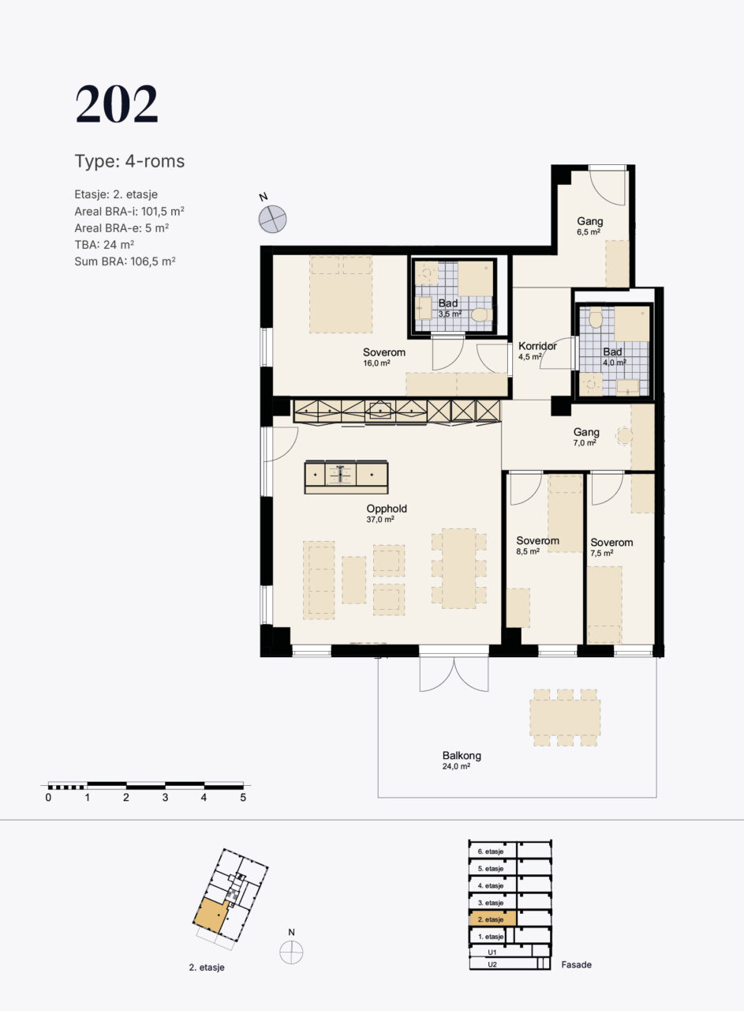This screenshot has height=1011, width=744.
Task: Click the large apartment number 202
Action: coord(117,104)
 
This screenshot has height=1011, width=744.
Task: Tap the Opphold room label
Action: coord(387,509)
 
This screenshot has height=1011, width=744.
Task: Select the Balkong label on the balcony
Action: coord(462,756)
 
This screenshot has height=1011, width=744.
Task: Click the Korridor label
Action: coord(537,346)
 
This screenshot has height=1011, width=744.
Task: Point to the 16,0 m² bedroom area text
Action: coord(376,363)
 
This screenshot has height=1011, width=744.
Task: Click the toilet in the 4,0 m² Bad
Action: coord(596,318)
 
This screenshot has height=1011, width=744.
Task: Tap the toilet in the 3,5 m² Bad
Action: coord(481,314)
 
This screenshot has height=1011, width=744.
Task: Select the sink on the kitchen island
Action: coord(340,475)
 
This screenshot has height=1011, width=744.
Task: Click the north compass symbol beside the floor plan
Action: coord(272,219)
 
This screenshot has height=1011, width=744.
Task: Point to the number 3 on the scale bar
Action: coord(165,798)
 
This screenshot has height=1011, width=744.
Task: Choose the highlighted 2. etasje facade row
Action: coord(493,919)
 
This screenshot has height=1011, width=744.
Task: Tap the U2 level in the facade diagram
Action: coord(492,964)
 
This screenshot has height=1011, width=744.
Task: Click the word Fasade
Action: coord(576,964)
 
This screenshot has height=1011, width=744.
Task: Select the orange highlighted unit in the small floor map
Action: coord(211,915)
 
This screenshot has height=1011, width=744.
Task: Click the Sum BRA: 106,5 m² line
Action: coord(125,261)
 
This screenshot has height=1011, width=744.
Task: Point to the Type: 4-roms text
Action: coord(130,161)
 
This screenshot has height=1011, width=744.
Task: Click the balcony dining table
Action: coord(565,718)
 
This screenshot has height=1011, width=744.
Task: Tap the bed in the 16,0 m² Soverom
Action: coord(341,295)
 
